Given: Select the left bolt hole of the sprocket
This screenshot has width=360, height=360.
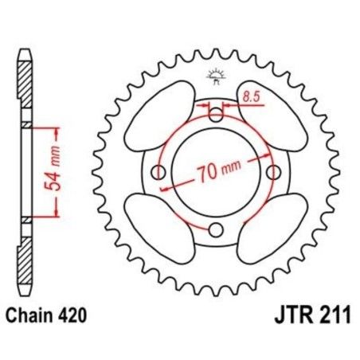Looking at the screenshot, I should [159, 172].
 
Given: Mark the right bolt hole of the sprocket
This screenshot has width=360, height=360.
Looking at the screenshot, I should [274, 172].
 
